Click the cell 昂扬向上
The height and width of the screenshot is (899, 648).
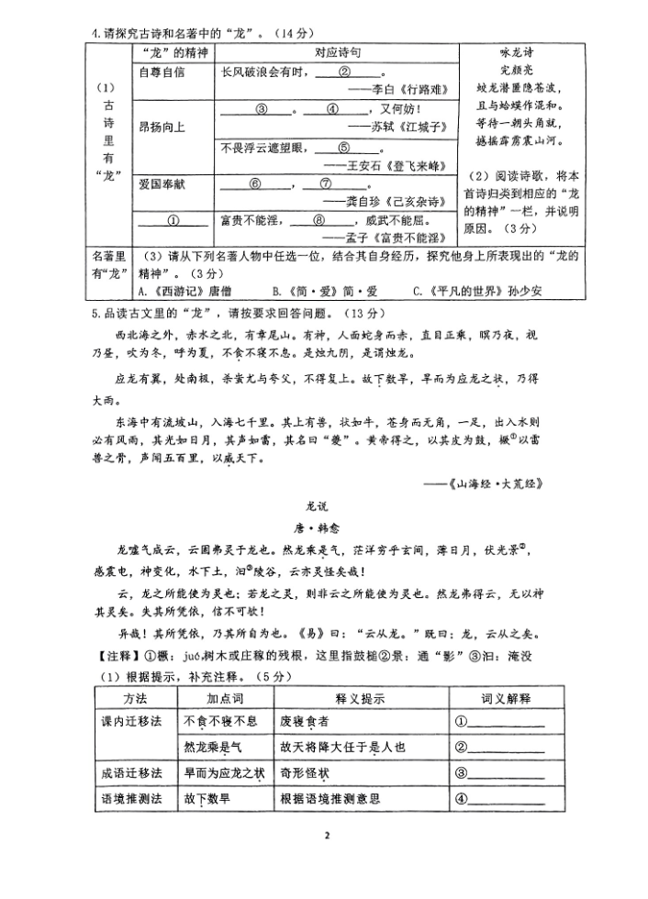click(162, 127)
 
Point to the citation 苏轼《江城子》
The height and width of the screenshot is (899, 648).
click(402, 126)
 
